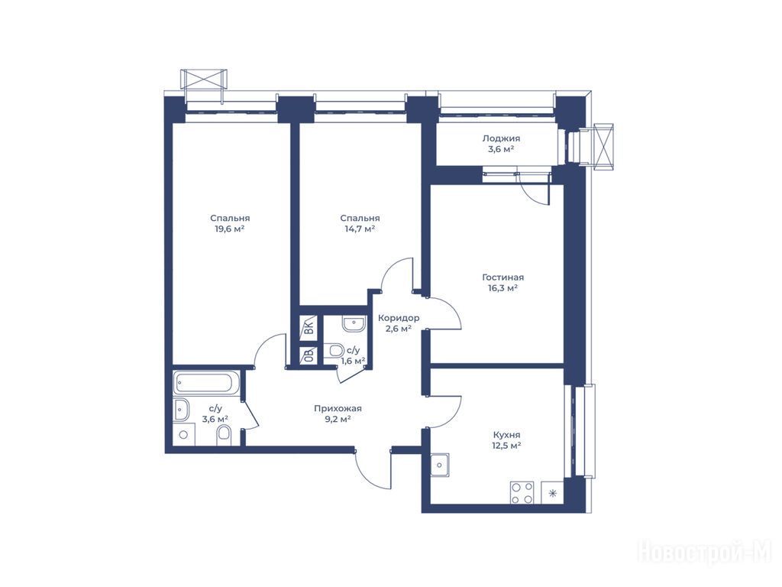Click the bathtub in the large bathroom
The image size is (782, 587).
[x=207, y=383]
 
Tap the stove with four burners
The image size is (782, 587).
[x=522, y=492]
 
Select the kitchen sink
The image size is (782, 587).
[x=439, y=465]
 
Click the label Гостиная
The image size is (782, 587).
[x=502, y=277]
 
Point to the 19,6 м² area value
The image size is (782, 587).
[x=229, y=229]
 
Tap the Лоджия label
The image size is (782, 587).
[x=501, y=139]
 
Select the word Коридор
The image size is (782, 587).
[x=399, y=318]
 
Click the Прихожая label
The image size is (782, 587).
[x=338, y=408]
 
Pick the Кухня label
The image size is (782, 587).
[x=506, y=435]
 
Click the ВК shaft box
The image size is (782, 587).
[x=309, y=326]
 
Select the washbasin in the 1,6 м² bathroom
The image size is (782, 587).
[x=354, y=324]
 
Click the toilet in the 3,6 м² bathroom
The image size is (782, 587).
[x=224, y=435]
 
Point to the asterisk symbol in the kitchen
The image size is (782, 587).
[x=552, y=494]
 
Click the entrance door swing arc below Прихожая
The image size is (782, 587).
[x=370, y=473]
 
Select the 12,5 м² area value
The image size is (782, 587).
[x=507, y=446]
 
